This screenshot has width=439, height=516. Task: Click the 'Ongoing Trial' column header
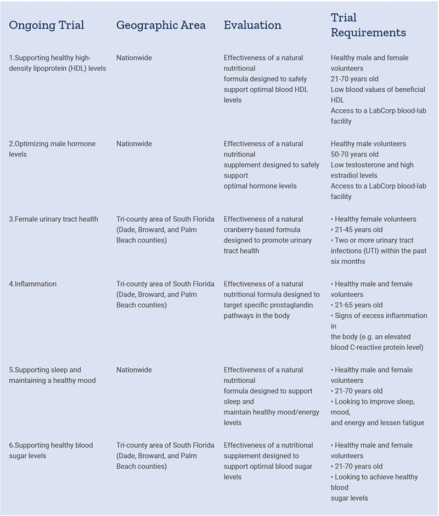click(47, 25)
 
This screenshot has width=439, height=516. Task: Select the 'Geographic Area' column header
click(161, 25)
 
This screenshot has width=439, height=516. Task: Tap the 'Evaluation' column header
click(252, 25)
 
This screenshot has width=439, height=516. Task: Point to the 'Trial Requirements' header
click(368, 25)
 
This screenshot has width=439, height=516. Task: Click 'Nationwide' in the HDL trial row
click(134, 58)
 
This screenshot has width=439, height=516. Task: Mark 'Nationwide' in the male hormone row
click(134, 144)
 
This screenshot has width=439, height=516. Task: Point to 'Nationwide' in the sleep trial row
click(134, 370)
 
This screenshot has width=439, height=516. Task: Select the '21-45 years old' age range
click(359, 229)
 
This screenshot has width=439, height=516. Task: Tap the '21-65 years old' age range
click(359, 305)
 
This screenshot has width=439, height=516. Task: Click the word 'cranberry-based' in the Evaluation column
click(250, 229)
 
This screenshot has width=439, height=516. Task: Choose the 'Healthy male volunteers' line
click(368, 144)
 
